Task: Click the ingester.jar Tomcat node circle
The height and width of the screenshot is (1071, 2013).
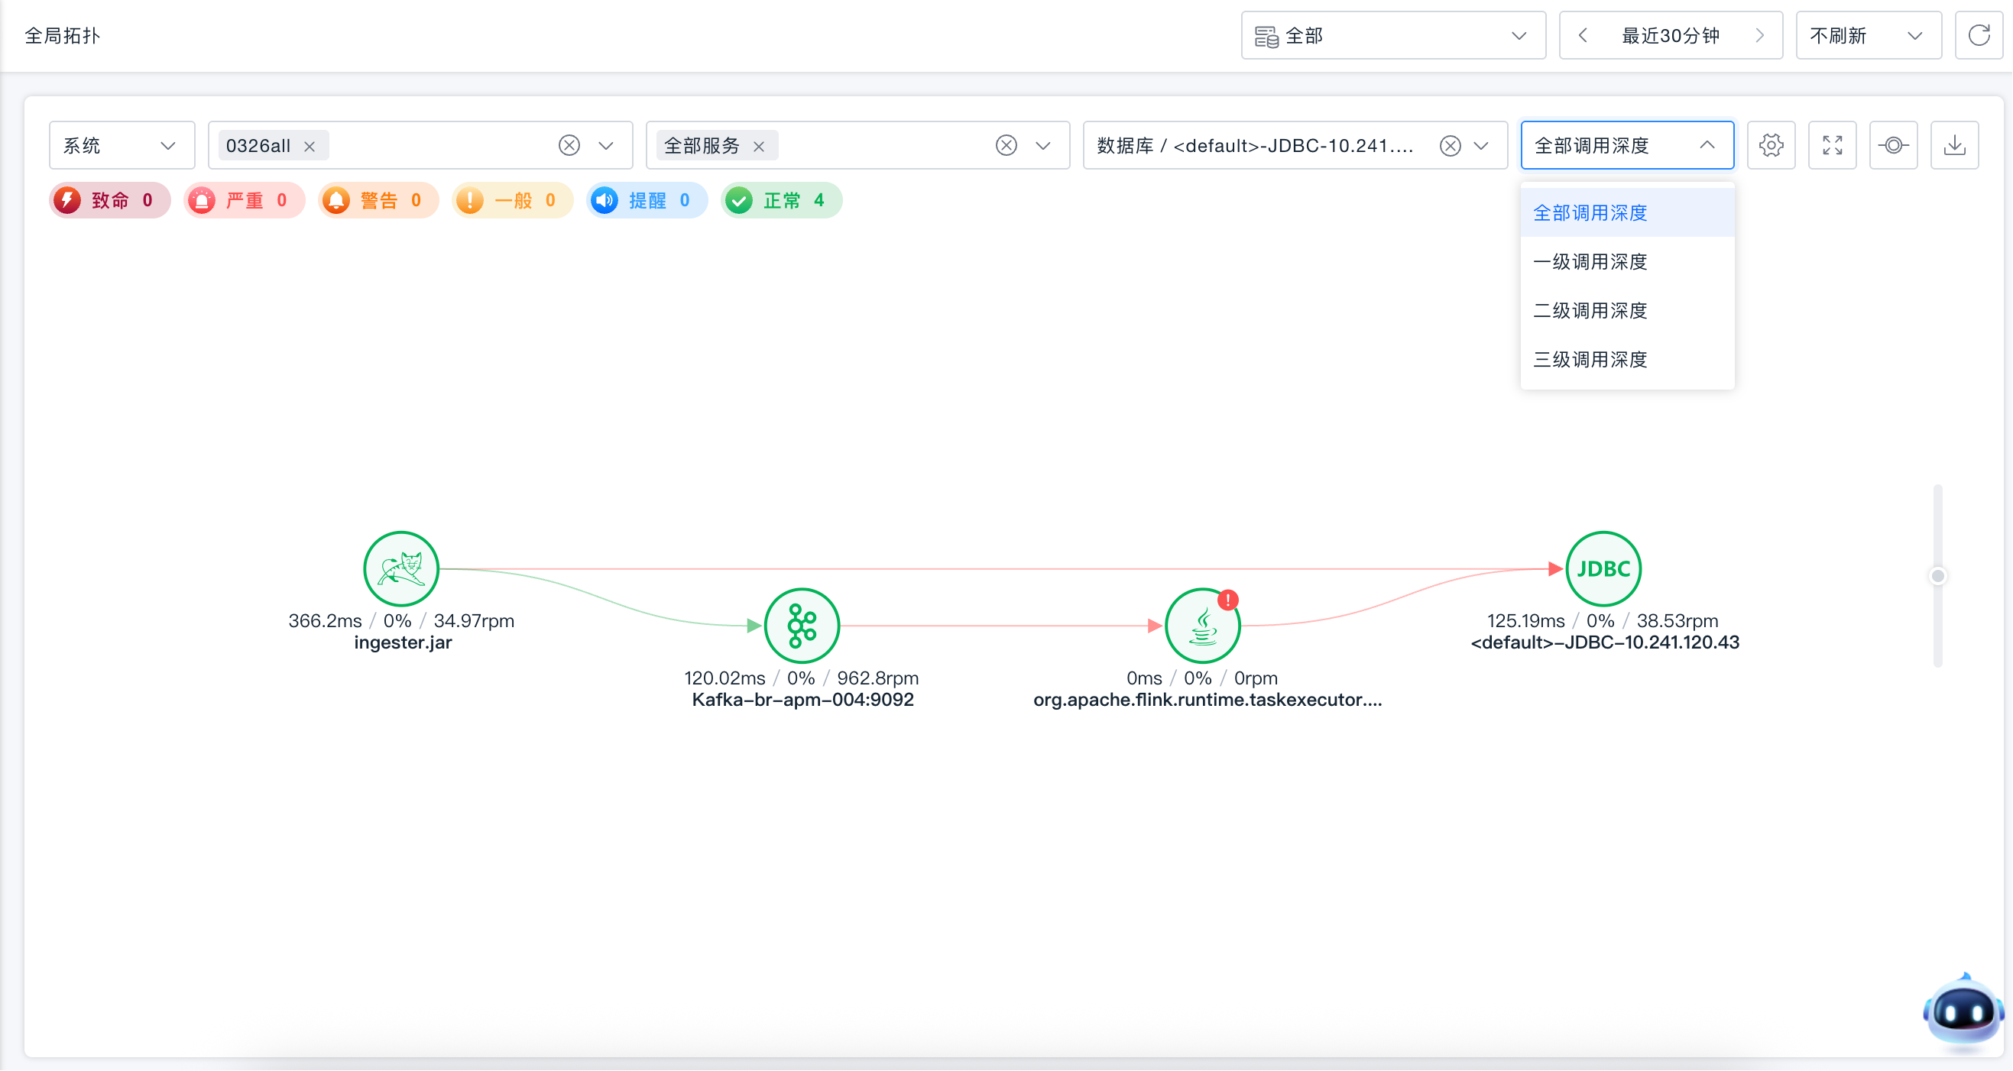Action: (x=401, y=568)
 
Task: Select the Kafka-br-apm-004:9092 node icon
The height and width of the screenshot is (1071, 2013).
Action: (x=802, y=626)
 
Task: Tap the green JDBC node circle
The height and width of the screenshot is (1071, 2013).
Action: (x=1603, y=568)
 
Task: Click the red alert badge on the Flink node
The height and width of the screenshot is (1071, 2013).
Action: (x=1227, y=600)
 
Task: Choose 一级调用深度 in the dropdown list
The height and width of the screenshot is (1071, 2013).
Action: (x=1590, y=262)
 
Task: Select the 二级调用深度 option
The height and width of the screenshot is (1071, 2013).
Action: (x=1590, y=310)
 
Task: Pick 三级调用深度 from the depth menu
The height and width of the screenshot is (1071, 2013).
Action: (x=1590, y=359)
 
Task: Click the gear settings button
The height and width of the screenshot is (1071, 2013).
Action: (x=1771, y=145)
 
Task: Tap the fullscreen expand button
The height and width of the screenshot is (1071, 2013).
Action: (x=1833, y=145)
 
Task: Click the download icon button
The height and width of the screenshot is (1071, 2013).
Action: (x=1954, y=145)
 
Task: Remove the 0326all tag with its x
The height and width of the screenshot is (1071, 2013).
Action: (x=310, y=146)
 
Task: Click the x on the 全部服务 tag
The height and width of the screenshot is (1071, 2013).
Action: (x=759, y=146)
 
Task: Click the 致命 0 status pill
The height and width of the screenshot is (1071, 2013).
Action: (x=109, y=201)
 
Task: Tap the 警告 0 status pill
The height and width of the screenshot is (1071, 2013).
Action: (x=378, y=201)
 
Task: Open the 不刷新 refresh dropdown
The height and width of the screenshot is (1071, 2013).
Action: (x=1869, y=36)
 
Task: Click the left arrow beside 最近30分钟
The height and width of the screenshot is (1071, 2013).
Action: (x=1583, y=36)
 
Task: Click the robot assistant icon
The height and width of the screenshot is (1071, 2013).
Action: (x=1963, y=1010)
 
